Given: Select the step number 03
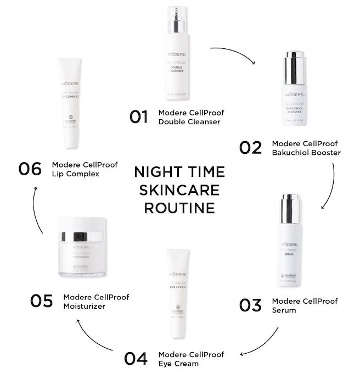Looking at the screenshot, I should pos(250,305).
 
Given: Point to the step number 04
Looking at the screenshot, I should pos(137,358).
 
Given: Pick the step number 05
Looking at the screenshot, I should pos(41,302).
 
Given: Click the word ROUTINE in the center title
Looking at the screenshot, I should pos(178,208).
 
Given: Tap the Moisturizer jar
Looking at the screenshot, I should pos(81,247).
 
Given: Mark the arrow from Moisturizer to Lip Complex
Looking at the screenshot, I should pos(35,209).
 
